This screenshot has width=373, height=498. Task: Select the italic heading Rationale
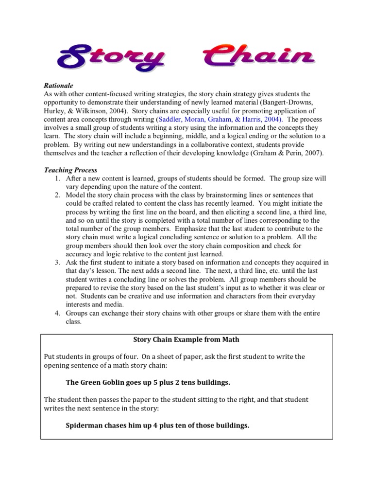(x=58, y=85)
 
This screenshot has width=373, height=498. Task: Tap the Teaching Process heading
(x=70, y=170)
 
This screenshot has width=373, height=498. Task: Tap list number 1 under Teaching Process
(x=57, y=178)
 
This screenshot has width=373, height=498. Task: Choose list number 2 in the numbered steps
(x=57, y=196)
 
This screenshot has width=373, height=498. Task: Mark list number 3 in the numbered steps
(x=57, y=263)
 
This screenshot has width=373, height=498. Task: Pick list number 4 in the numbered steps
(x=57, y=314)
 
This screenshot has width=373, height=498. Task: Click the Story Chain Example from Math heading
(x=186, y=339)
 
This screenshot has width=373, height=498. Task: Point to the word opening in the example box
(x=58, y=366)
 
